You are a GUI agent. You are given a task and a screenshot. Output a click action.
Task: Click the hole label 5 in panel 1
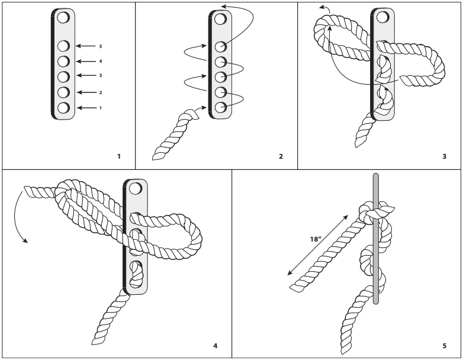tap(101, 46)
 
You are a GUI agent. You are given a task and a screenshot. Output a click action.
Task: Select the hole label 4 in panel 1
tap(101, 61)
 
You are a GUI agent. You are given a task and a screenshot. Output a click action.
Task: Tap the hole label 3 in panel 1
tap(101, 76)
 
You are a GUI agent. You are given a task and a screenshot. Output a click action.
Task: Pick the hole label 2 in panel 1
tap(101, 92)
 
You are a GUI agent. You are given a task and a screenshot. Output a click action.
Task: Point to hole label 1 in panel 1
tap(101, 108)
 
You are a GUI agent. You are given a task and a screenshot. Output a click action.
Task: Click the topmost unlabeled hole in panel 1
tap(63, 18)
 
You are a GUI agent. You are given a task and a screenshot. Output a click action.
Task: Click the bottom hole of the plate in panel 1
tap(63, 108)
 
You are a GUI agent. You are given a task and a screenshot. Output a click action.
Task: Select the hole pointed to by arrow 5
tap(63, 46)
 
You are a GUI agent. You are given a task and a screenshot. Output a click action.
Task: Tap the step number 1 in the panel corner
tap(119, 156)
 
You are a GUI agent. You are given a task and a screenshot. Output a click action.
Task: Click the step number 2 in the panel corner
tap(281, 156)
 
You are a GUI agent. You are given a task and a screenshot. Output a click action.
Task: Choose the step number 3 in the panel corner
tap(444, 156)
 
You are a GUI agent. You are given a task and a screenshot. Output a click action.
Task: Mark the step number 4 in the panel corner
tap(215, 345)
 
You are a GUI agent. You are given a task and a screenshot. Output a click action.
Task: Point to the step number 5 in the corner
tap(444, 345)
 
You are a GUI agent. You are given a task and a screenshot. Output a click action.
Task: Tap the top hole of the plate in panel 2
tap(220, 19)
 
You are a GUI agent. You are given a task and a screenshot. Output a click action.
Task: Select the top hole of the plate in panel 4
tap(136, 189)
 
